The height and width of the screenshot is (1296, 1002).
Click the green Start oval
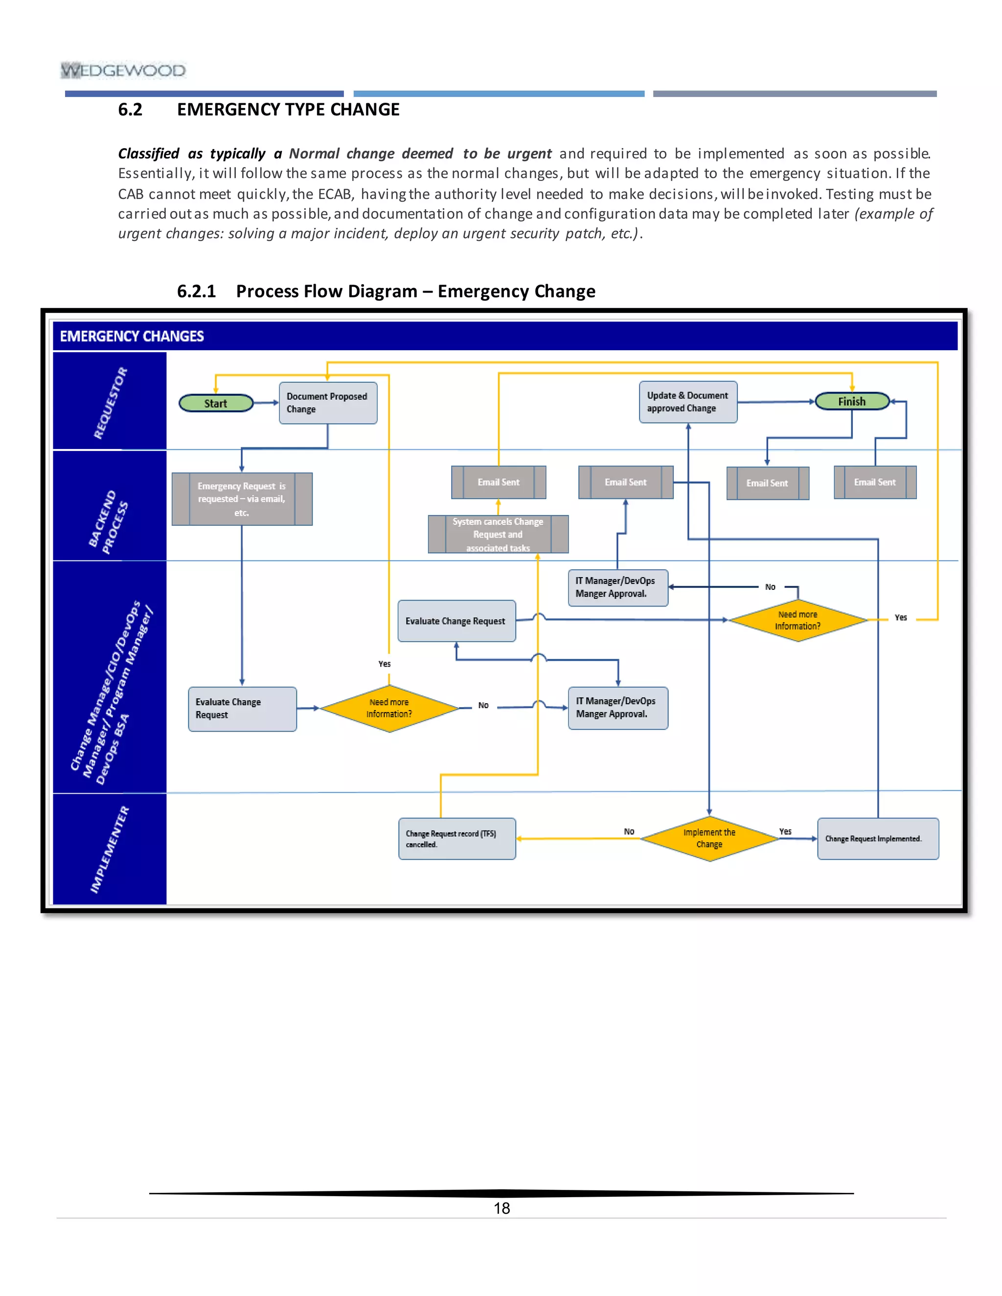(216, 403)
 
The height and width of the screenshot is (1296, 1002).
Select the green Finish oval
(852, 402)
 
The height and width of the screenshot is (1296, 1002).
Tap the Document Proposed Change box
(328, 403)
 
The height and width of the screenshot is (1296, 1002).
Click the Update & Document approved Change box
(688, 402)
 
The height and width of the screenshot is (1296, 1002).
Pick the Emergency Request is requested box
(242, 499)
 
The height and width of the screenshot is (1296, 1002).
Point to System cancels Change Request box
(498, 534)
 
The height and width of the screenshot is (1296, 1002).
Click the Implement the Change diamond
(709, 838)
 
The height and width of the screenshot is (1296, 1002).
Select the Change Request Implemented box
(878, 838)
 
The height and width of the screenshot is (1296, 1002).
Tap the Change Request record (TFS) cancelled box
(456, 838)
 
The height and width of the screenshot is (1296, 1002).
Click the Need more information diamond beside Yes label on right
(798, 620)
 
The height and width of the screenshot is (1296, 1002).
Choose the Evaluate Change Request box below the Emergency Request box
(242, 709)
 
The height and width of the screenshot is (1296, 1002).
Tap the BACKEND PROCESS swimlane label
(109, 522)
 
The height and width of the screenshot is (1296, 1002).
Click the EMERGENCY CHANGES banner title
(132, 336)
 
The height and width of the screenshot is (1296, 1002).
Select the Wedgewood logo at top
(123, 70)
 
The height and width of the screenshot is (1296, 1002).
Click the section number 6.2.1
(196, 291)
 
